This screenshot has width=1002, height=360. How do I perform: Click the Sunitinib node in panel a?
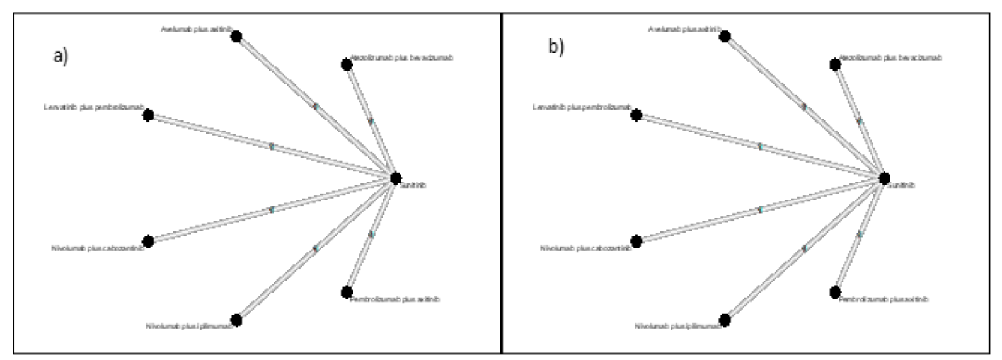click(395, 178)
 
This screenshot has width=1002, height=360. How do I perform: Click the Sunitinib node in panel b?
click(884, 178)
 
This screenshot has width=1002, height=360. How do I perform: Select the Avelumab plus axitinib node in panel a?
click(236, 37)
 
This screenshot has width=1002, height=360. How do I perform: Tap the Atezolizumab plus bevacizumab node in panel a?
click(346, 64)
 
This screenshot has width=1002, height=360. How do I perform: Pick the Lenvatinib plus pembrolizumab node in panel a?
click(148, 115)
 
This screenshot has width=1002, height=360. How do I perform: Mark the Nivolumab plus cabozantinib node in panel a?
click(148, 241)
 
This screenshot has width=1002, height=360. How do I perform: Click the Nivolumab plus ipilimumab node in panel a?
click(236, 320)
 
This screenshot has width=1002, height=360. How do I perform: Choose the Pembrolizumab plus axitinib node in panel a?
click(346, 292)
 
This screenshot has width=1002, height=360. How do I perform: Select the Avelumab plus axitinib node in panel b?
click(725, 37)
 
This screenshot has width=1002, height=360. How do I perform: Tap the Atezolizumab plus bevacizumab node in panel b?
click(835, 64)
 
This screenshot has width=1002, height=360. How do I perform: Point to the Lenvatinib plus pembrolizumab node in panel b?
click(636, 115)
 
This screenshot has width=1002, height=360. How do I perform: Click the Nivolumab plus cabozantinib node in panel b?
click(636, 241)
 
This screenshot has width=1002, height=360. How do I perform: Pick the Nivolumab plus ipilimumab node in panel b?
click(725, 320)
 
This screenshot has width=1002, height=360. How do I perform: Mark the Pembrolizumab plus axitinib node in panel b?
click(835, 292)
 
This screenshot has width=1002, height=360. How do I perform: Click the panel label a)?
click(60, 56)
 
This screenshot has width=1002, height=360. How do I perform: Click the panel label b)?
click(555, 47)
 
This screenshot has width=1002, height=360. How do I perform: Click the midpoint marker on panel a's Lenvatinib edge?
click(272, 146)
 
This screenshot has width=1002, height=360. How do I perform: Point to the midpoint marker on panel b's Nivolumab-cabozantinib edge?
click(760, 209)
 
